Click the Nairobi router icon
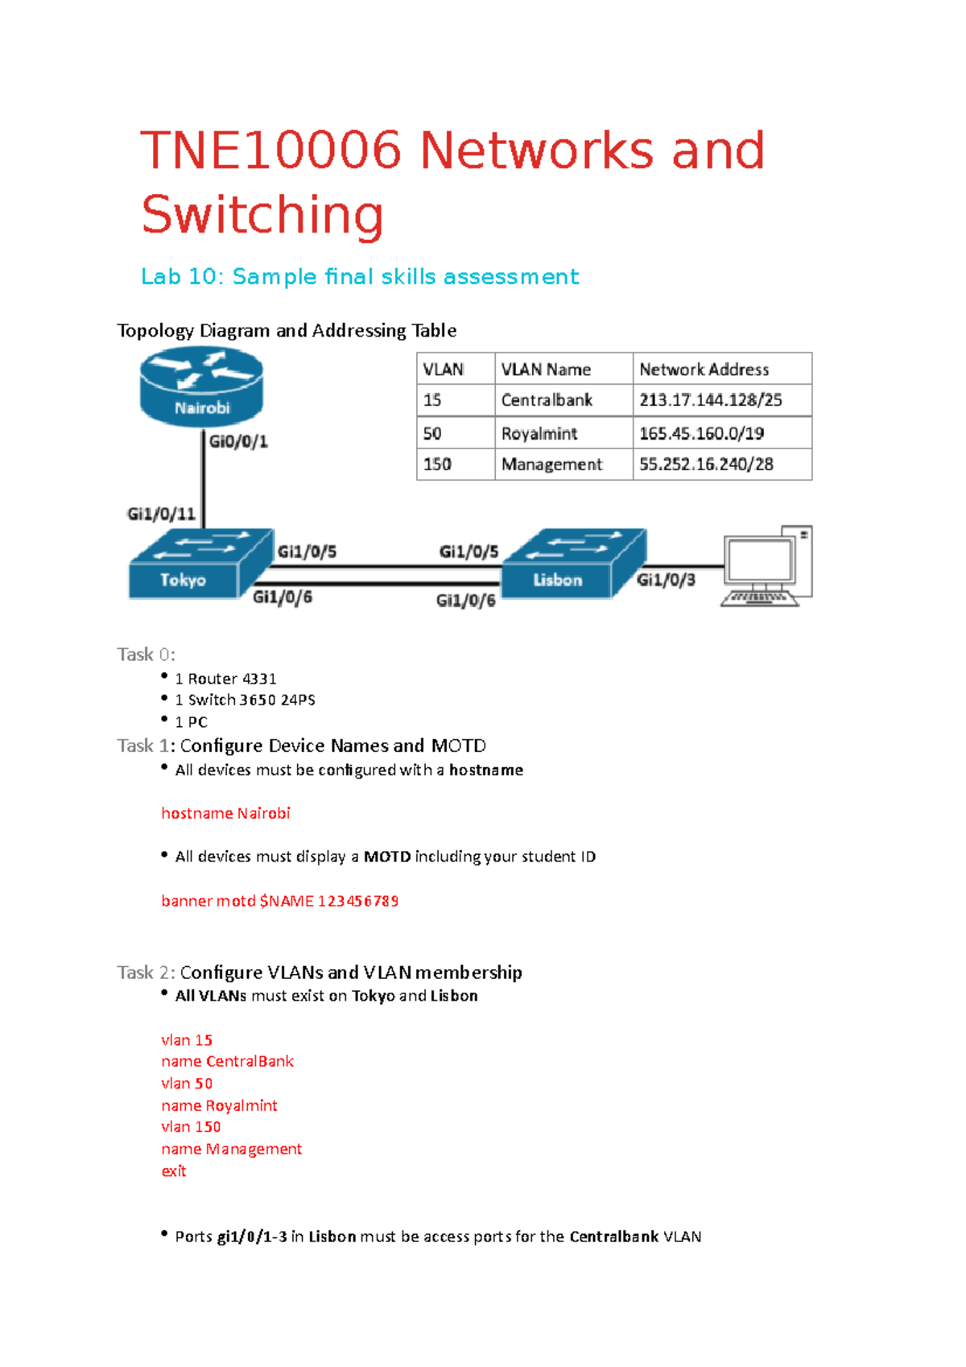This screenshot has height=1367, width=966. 201,386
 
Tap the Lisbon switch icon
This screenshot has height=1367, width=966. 574,564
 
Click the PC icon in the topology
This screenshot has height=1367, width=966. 766,566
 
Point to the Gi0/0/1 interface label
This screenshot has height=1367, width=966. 238,441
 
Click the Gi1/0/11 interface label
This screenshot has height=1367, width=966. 161,514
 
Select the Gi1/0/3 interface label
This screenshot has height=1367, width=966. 666,580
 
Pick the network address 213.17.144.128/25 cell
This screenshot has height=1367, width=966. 711,400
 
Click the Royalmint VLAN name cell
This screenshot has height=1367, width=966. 539,433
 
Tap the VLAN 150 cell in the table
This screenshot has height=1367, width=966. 438,465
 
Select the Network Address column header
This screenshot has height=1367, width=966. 704,370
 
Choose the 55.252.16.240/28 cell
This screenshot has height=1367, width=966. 706,465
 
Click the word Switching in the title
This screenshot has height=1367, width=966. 262,214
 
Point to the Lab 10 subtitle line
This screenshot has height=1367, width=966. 360,277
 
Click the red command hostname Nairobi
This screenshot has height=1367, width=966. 225,813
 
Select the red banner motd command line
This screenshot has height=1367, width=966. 279,901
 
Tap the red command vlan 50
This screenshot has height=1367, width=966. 187,1084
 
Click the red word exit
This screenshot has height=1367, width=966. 174,1171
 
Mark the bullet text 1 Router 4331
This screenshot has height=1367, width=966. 226,679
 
